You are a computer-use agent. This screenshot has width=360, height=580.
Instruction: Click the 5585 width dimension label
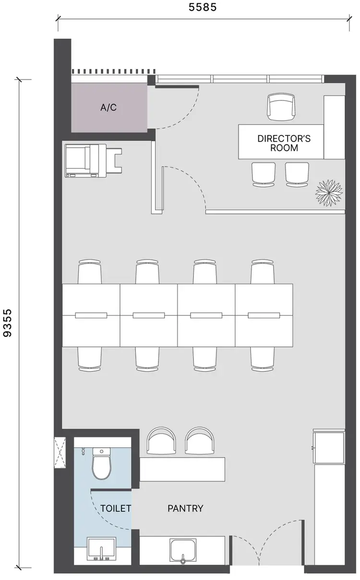(203, 7)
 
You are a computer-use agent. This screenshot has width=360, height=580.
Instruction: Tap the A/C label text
(108, 108)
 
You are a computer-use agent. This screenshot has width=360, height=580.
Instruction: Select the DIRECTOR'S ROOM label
(284, 143)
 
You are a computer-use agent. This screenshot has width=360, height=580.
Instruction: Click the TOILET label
(116, 508)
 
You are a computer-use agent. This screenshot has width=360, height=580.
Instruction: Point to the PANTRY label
(185, 508)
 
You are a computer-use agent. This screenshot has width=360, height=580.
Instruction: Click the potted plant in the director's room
(329, 193)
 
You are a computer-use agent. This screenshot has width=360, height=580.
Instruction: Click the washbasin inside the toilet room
(101, 549)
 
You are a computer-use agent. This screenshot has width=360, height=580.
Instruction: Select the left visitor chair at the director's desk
(264, 174)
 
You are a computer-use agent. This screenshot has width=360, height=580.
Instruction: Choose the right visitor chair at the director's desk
(297, 174)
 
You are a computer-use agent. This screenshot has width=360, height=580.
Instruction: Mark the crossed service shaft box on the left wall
(60, 452)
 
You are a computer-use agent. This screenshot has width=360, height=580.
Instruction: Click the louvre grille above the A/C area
(109, 71)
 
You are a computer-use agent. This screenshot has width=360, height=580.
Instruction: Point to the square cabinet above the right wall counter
(329, 447)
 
